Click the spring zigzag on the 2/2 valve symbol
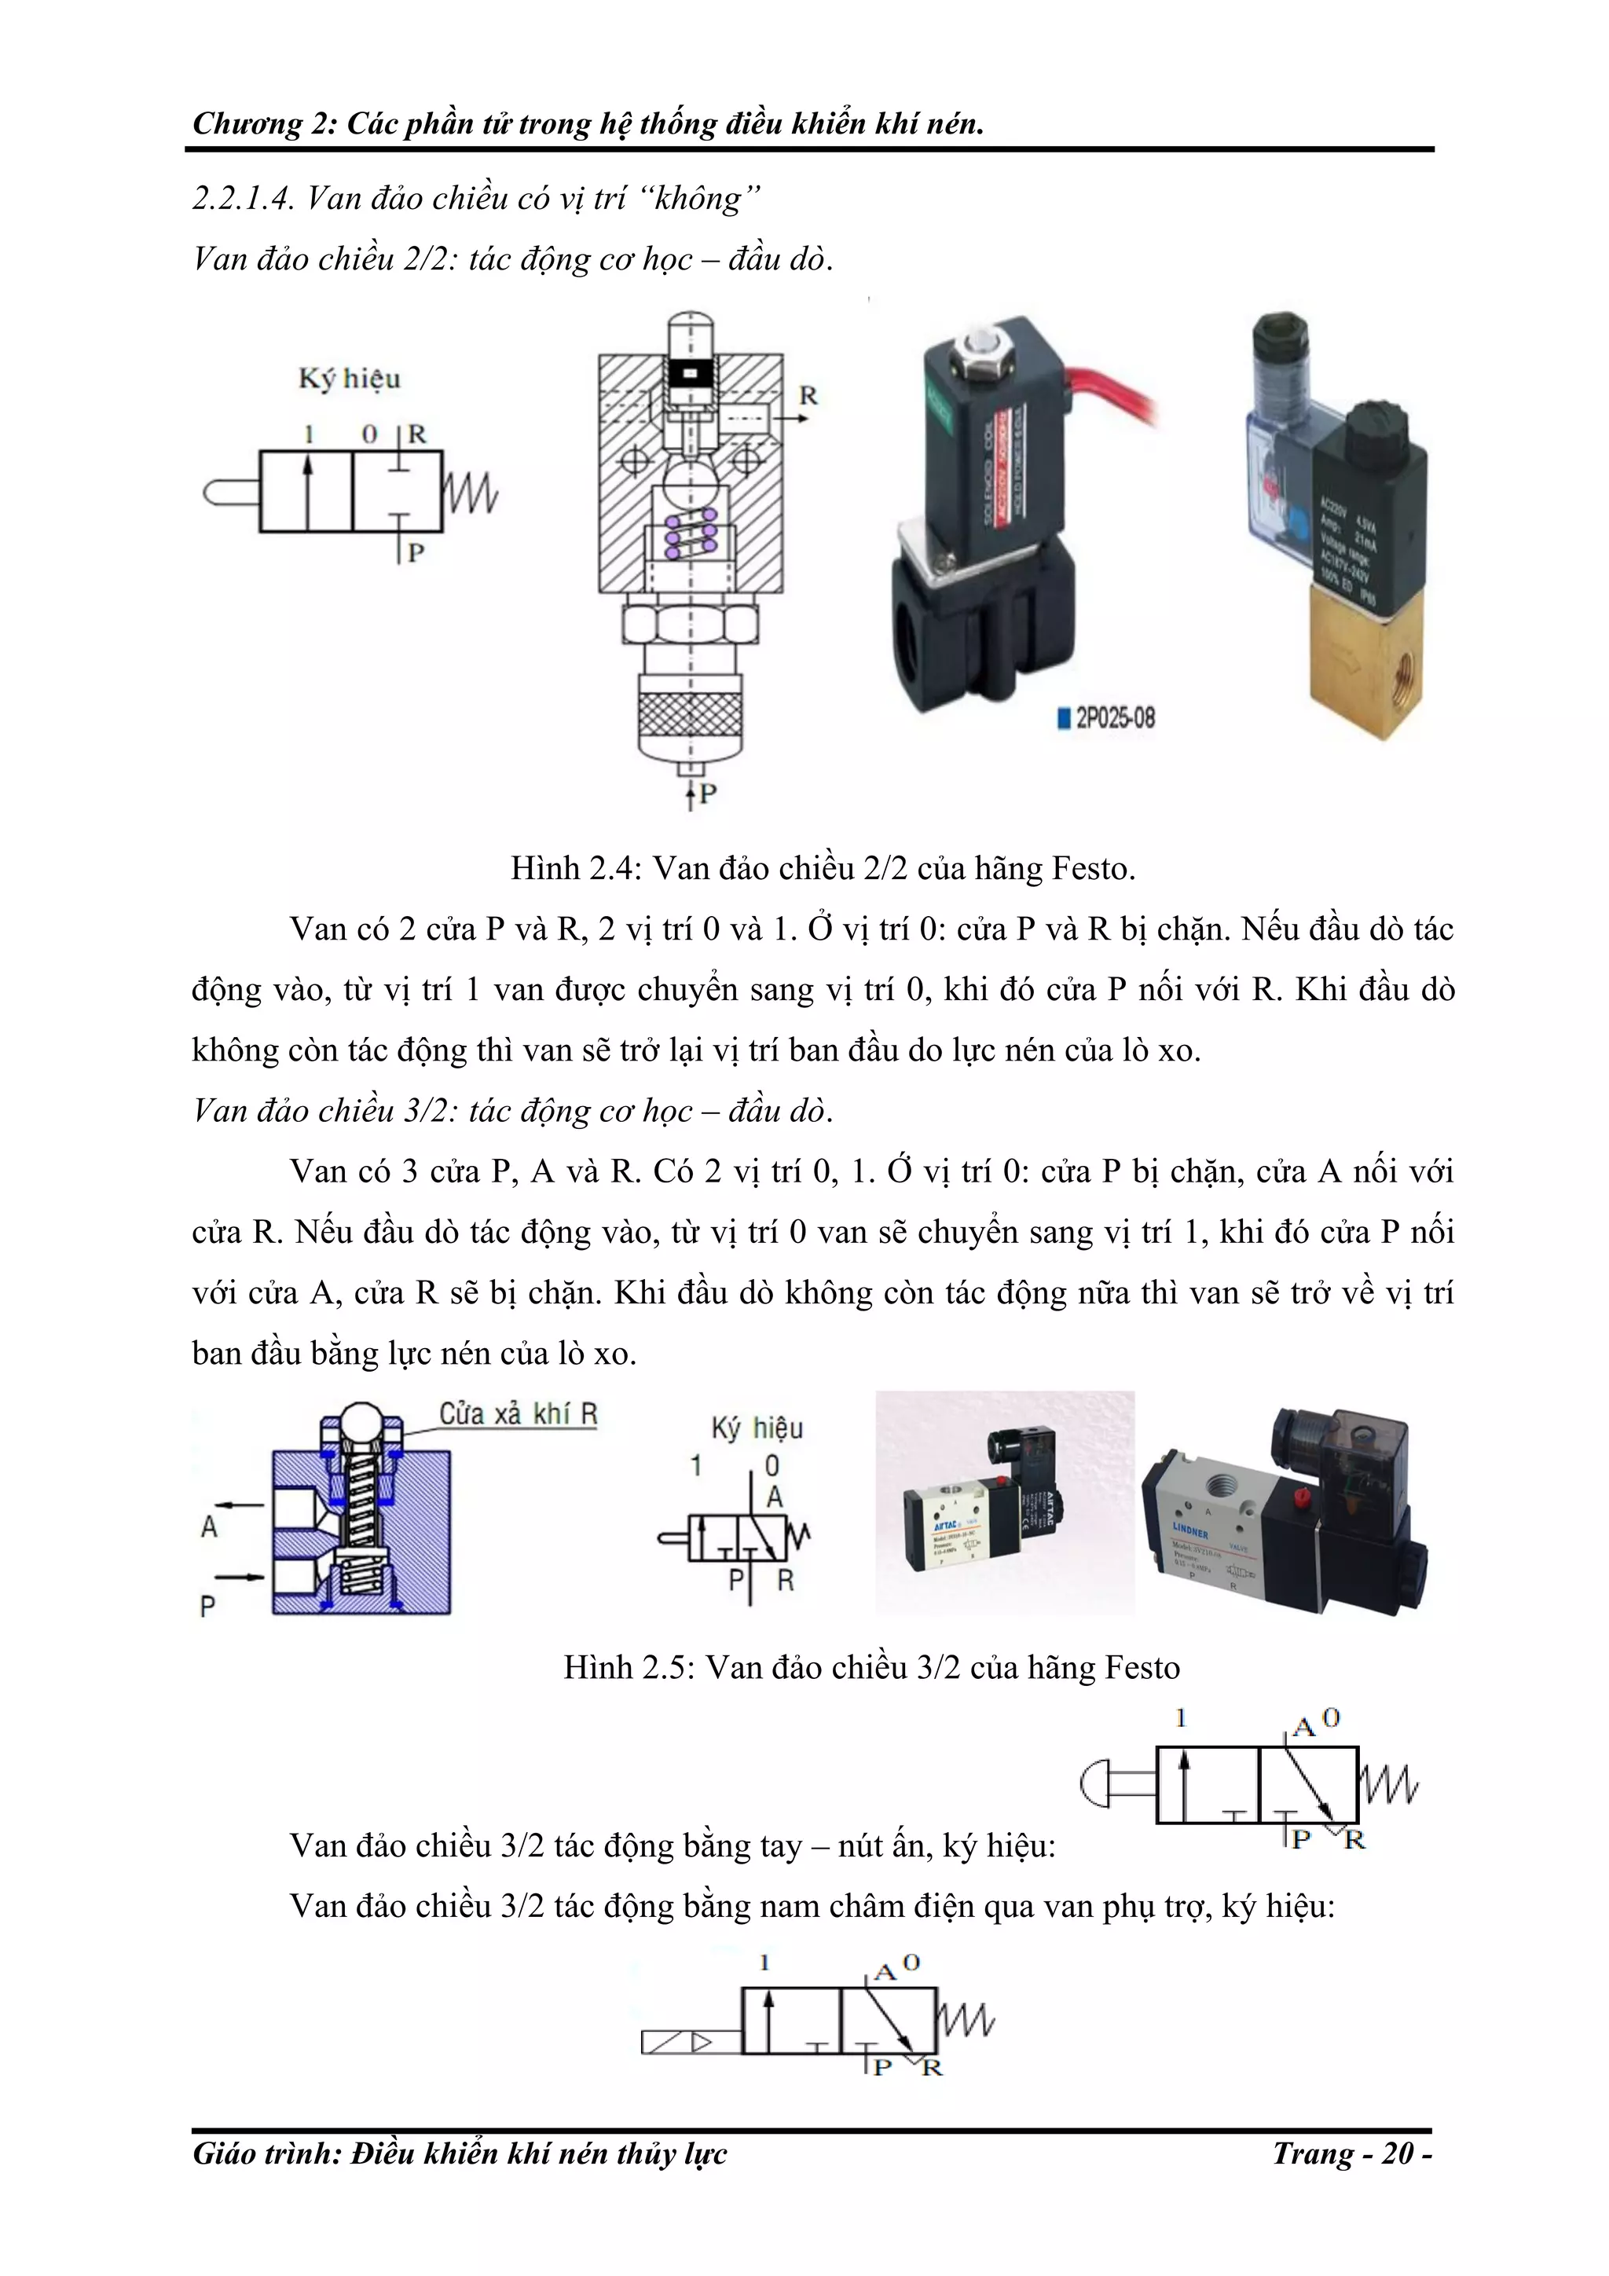tap(470, 493)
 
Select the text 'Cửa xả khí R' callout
tap(518, 1413)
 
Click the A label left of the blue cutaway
tap(209, 1526)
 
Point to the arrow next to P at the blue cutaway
tap(239, 1576)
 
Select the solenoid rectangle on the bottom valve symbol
tap(691, 2043)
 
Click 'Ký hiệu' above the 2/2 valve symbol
tap(349, 379)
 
